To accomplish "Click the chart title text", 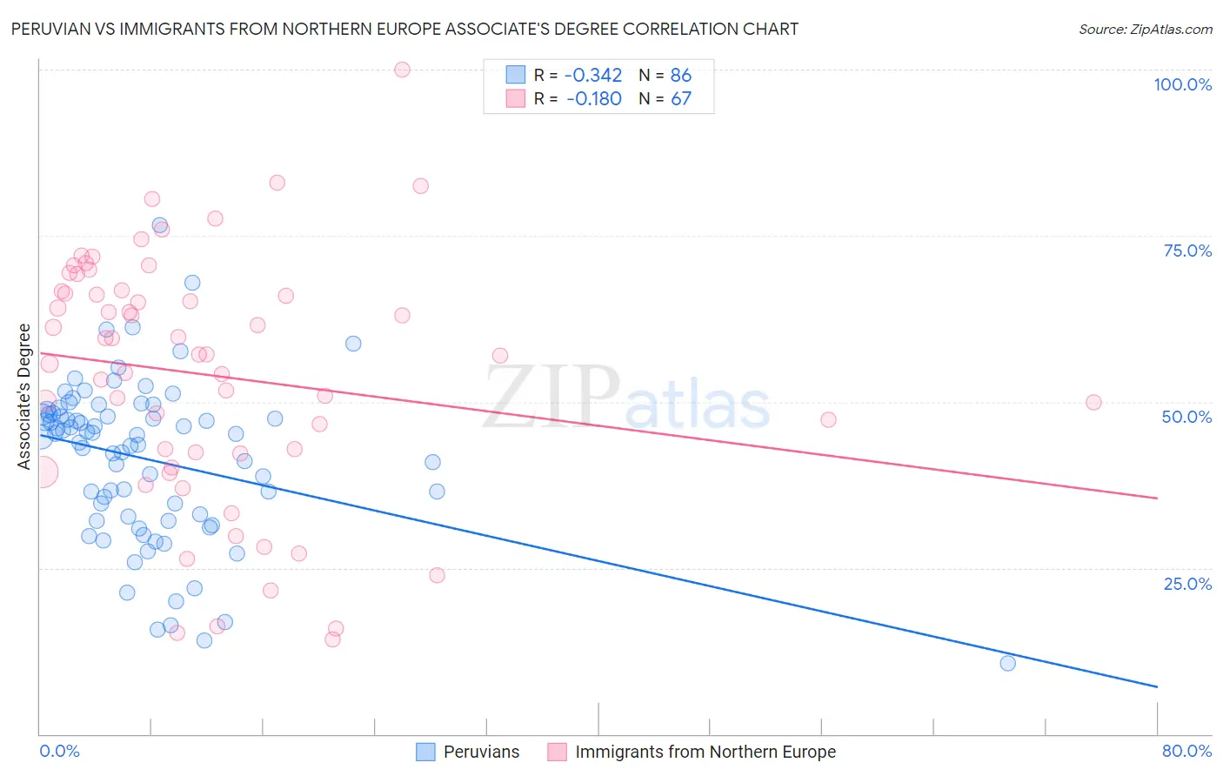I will pyautogui.click(x=404, y=29).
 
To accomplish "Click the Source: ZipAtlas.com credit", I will pyautogui.click(x=1145, y=29).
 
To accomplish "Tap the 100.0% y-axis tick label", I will pyautogui.click(x=1182, y=84).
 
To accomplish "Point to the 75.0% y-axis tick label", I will pyautogui.click(x=1187, y=251).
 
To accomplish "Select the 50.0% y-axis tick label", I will pyautogui.click(x=1186, y=417).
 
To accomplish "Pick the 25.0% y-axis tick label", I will pyautogui.click(x=1187, y=584).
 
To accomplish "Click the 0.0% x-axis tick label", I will pyautogui.click(x=59, y=751).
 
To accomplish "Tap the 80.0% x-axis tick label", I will pyautogui.click(x=1186, y=751).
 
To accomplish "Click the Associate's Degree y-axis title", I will pyautogui.click(x=24, y=397).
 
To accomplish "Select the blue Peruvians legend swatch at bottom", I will pyautogui.click(x=425, y=752).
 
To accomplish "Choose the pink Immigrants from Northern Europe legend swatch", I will pyautogui.click(x=557, y=752).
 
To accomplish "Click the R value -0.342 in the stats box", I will pyautogui.click(x=593, y=76).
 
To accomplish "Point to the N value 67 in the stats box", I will pyautogui.click(x=681, y=99).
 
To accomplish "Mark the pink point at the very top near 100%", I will pyautogui.click(x=402, y=70).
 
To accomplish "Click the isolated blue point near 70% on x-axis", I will pyautogui.click(x=1007, y=663).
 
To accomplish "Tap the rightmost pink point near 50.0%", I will pyautogui.click(x=1093, y=402).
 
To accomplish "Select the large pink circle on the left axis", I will pyautogui.click(x=40, y=472).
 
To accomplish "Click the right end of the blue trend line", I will pyautogui.click(x=1157, y=687).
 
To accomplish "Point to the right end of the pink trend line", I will pyautogui.click(x=1157, y=498).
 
